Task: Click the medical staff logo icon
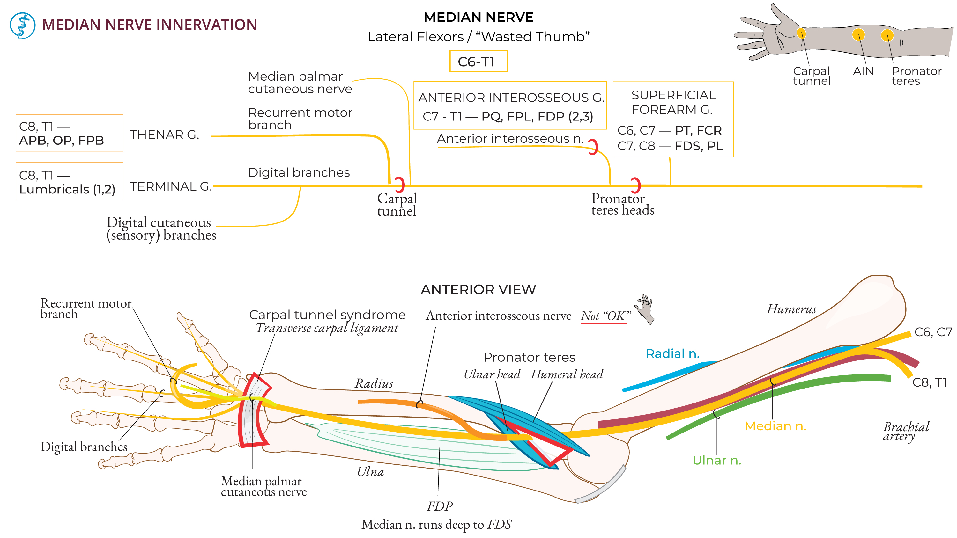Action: pos(22,25)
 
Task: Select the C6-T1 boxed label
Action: pos(478,61)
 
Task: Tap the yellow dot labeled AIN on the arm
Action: pos(858,35)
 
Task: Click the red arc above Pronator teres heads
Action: pos(636,185)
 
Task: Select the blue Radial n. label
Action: pos(672,354)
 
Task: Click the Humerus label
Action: pos(791,309)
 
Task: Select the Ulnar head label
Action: pos(492,374)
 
